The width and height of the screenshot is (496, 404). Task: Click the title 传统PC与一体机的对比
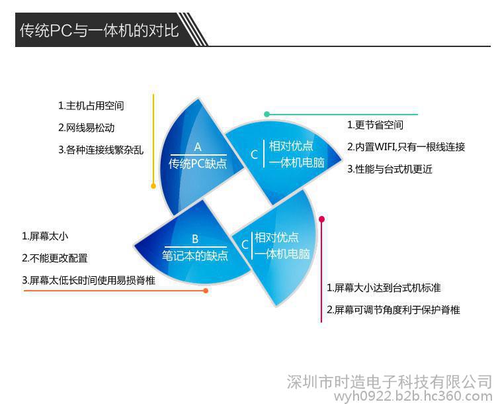99,30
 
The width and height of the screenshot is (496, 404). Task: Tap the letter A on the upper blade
198,147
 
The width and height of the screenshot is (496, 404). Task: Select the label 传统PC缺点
198,164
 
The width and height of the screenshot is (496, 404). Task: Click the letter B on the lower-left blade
195,239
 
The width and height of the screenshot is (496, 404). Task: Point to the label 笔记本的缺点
195,256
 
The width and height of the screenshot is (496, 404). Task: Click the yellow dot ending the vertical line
153,186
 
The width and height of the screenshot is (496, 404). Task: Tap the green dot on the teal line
267,114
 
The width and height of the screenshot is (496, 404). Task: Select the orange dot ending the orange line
206,291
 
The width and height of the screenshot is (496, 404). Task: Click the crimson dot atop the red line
321,219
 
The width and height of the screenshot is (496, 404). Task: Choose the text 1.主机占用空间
91,105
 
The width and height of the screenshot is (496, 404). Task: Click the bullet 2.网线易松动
87,128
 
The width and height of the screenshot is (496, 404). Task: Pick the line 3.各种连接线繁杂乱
101,150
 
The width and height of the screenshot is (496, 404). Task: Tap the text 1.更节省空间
375,125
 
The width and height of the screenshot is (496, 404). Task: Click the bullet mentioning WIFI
406,147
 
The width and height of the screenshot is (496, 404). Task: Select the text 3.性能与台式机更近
390,169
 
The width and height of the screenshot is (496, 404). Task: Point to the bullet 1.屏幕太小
45,236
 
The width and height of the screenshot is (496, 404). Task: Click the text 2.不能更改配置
55,258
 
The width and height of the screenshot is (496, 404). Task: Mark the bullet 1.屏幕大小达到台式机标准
384,287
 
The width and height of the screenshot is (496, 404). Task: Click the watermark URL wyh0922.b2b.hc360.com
413,396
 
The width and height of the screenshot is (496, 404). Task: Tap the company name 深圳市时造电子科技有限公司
390,381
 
